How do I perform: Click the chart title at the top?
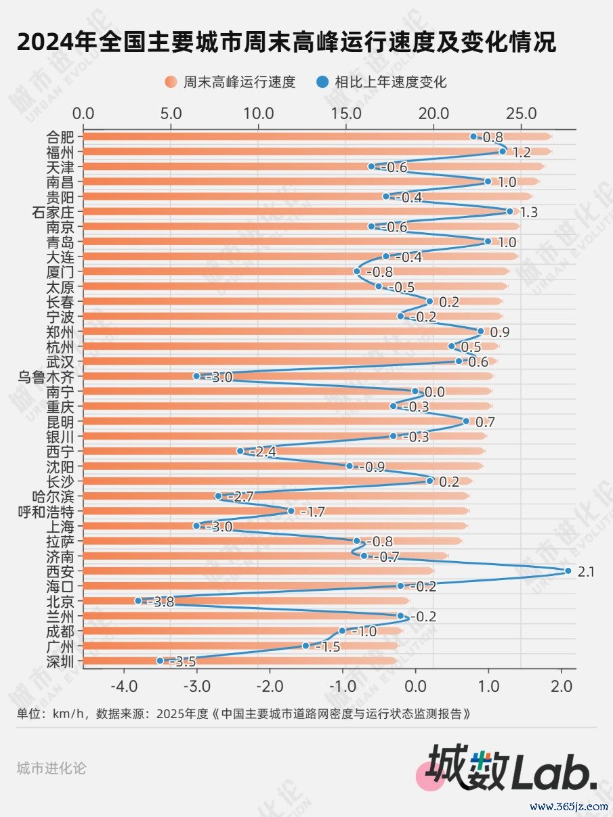[286, 43]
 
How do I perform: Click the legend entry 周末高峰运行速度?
[230, 83]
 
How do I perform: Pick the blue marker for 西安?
[568, 571]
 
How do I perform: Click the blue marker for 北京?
[138, 600]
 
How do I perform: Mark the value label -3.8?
[161, 602]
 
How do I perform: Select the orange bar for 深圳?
[237, 661]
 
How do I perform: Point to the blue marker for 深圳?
[160, 661]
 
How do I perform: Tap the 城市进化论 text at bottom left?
[51, 768]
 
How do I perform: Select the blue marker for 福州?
[503, 152]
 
